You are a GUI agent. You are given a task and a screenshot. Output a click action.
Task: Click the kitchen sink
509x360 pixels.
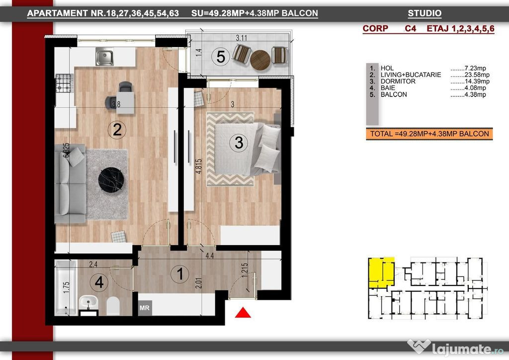104,57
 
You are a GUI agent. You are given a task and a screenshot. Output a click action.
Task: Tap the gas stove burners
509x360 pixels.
64,83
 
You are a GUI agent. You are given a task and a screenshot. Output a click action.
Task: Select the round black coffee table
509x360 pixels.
111,180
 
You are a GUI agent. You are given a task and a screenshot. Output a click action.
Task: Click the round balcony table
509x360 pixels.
260,60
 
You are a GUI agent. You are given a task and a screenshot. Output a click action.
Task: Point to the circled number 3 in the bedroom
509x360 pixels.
239,143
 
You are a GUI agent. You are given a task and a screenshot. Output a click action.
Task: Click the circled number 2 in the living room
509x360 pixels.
117,130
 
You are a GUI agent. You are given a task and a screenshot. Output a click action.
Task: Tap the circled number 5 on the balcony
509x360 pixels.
220,57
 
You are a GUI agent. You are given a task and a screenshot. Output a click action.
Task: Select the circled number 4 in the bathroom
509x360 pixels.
99,282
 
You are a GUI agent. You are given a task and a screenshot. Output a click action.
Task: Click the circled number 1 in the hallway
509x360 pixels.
180,273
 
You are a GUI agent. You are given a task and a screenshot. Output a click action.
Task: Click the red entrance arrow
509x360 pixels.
243,313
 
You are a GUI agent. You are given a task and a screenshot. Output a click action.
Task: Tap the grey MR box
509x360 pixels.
145,307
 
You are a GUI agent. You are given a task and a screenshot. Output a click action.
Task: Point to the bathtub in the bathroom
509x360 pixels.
66,287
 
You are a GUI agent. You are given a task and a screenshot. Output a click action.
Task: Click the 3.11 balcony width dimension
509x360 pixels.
241,38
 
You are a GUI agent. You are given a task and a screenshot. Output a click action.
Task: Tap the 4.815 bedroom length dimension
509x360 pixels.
199,166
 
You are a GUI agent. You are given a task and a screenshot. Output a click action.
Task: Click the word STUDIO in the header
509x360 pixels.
424,13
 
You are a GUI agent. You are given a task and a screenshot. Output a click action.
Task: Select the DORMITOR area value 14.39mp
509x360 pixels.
470,81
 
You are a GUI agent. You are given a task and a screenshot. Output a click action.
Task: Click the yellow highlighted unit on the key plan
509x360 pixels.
381,272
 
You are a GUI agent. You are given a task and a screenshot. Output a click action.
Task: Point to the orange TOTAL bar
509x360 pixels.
429,134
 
